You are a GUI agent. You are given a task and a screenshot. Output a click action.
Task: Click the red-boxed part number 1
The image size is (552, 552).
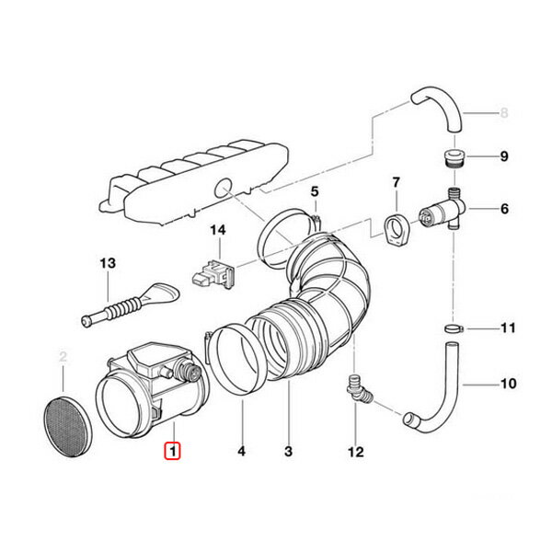point(172,451)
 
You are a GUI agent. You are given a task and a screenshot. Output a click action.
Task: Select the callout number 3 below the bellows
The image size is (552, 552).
point(288,452)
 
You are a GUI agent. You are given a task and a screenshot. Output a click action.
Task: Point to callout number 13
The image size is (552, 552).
point(108,263)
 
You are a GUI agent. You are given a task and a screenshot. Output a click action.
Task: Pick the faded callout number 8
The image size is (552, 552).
point(503,115)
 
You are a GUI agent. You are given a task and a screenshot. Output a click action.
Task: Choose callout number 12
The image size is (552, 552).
point(356,452)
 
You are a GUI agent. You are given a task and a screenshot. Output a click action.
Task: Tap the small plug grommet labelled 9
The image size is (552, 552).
point(453,158)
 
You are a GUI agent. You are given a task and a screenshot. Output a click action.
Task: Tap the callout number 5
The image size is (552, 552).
point(314,191)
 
